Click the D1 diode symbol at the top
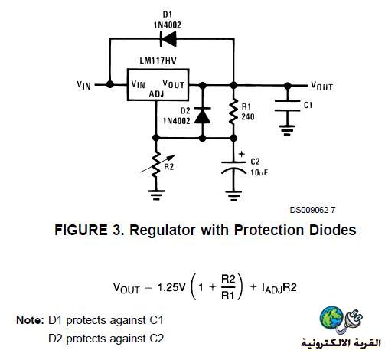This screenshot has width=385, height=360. coord(168,39)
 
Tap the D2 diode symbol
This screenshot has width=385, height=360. coord(202,116)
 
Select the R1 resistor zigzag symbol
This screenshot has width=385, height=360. coord(233,112)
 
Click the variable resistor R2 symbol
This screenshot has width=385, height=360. coord(156,165)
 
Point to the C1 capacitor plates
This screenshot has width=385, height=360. coord(287,106)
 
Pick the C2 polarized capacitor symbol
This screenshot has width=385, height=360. coord(233,167)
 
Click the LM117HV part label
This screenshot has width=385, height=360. coord(158,61)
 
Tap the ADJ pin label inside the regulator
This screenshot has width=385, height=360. coord(156,94)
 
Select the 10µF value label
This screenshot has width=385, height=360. coord(259,173)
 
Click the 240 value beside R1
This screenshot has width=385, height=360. coord(248,117)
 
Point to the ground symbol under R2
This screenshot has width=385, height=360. coord(156,195)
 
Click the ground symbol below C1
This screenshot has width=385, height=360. coord(287,130)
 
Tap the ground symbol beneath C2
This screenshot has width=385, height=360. coord(233,196)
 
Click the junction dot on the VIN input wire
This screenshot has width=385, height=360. coord(109,84)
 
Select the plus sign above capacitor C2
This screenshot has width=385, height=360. coord(241,154)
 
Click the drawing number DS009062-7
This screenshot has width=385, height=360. coord(312,210)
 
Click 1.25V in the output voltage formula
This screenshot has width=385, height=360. coord(171,288)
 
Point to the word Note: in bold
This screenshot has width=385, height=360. coord(30,320)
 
